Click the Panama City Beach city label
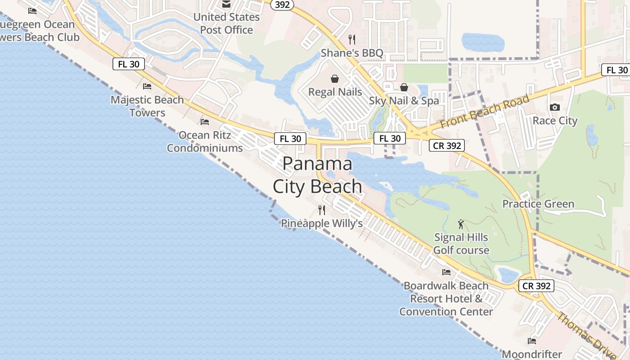(x=317, y=175)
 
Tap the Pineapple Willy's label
(x=322, y=223)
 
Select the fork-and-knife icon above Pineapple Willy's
(x=322, y=210)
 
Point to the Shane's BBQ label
(x=352, y=53)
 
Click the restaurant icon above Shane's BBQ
(x=352, y=40)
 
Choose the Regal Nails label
(x=335, y=92)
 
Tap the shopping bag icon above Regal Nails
(x=335, y=79)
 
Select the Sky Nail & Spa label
(x=404, y=101)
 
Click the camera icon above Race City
(x=555, y=107)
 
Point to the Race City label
(x=555, y=121)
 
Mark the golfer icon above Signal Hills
(x=461, y=224)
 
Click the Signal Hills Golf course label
(x=461, y=243)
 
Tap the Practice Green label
(x=538, y=204)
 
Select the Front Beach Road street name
(x=485, y=111)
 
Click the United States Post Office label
(x=227, y=23)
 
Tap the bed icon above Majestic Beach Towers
(x=147, y=86)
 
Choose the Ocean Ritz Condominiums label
(x=205, y=141)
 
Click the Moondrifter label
(x=532, y=354)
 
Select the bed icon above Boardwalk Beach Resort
(x=446, y=272)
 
